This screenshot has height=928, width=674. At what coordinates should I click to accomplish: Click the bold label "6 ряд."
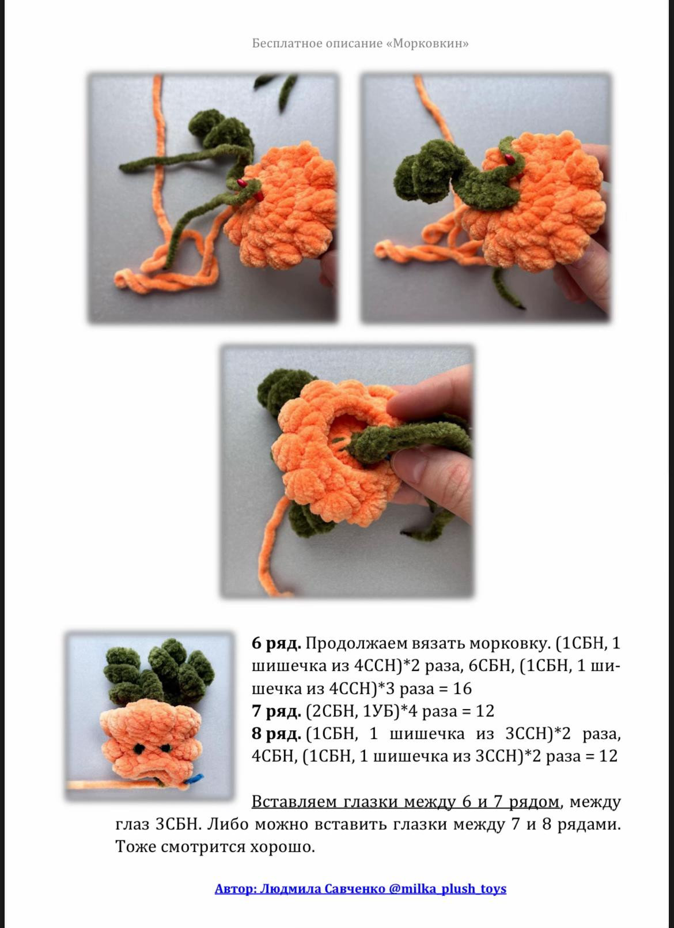click(276, 643)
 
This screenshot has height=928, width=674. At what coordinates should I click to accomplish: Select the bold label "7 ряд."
click(276, 711)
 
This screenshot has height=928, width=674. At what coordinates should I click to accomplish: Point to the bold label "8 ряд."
click(276, 734)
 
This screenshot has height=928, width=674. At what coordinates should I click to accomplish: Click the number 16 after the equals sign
click(462, 688)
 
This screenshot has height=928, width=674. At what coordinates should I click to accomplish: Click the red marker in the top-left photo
click(241, 184)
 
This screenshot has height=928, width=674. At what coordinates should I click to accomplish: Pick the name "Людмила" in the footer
click(290, 888)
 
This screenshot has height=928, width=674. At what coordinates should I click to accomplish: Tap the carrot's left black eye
click(139, 749)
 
